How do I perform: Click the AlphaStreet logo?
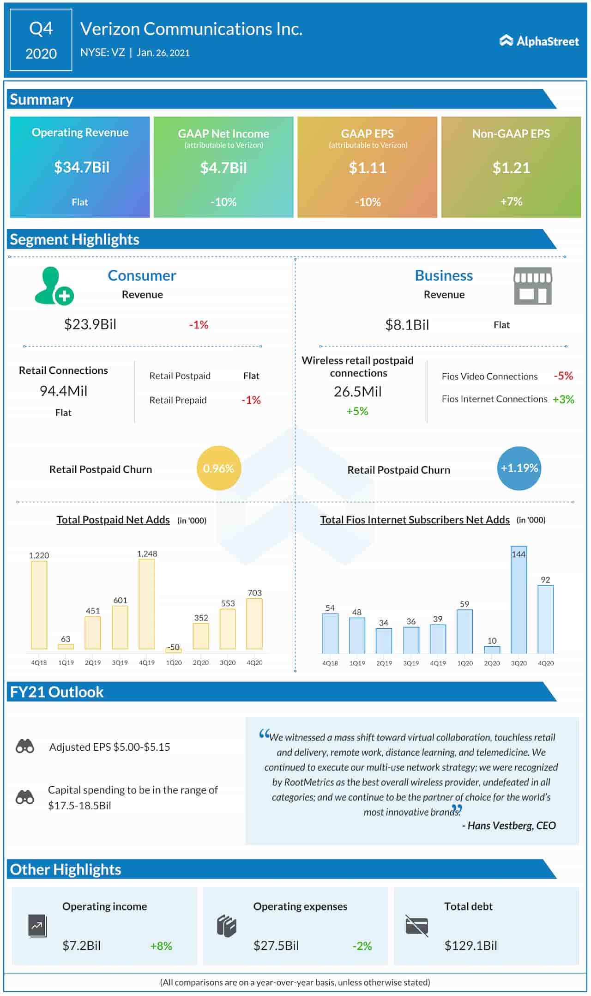(539, 41)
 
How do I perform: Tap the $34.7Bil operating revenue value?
(82, 167)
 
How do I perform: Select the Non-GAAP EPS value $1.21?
(511, 168)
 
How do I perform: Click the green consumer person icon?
(54, 286)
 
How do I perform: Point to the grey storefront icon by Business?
(533, 286)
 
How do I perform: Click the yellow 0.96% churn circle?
(218, 468)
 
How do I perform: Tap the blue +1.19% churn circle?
(519, 468)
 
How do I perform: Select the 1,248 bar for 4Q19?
(147, 604)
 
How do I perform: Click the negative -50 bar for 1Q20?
(174, 651)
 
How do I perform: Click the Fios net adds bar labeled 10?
(492, 650)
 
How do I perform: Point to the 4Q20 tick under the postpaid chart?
(254, 662)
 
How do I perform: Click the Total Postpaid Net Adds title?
(113, 520)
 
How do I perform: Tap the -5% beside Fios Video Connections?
(563, 376)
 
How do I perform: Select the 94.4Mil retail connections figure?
(63, 391)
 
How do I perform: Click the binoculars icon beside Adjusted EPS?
(25, 747)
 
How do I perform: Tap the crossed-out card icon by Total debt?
(416, 925)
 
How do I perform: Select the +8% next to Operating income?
(161, 946)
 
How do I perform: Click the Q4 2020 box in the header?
(41, 41)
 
